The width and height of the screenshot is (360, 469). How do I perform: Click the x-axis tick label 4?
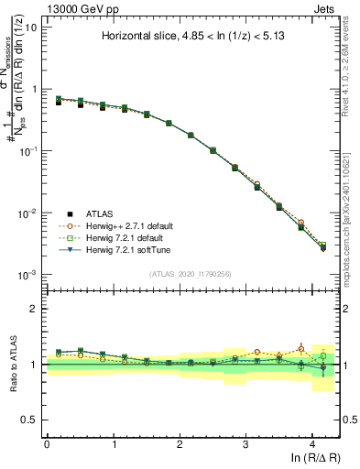pos(312,443)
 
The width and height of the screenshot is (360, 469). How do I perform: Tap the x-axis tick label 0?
pos(47,443)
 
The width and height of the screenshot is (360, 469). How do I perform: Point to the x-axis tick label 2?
pos(180,443)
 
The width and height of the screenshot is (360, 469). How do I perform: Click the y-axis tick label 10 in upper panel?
pos(30,27)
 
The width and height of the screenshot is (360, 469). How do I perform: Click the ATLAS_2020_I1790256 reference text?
pos(190,273)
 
